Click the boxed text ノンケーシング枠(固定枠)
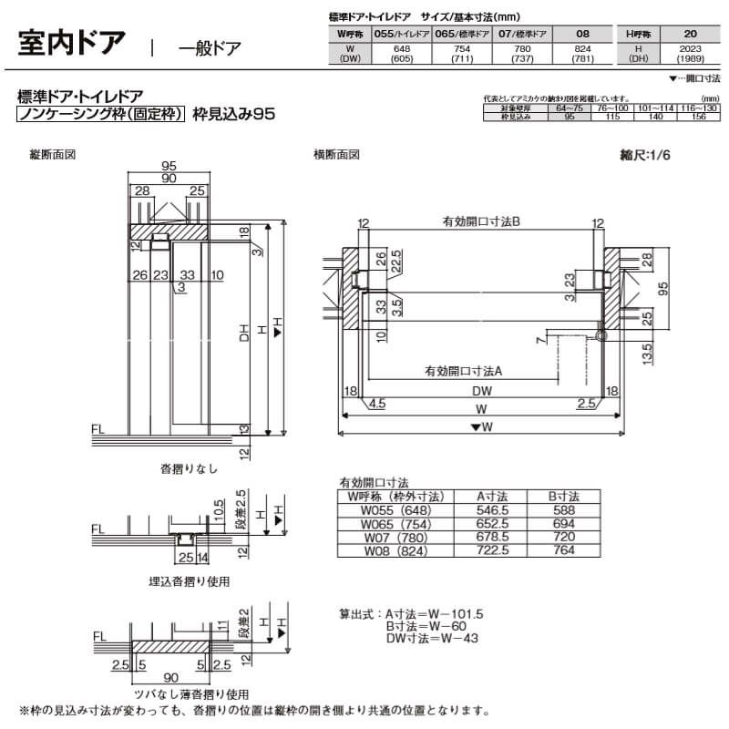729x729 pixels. (102, 115)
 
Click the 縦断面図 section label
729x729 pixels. (53, 155)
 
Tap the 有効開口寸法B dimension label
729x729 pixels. (481, 221)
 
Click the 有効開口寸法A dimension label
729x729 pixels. (464, 371)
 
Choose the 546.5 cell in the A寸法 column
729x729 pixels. (493, 510)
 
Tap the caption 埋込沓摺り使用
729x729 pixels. (190, 580)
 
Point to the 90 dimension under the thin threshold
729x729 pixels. (172, 678)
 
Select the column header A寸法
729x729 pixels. (493, 497)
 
